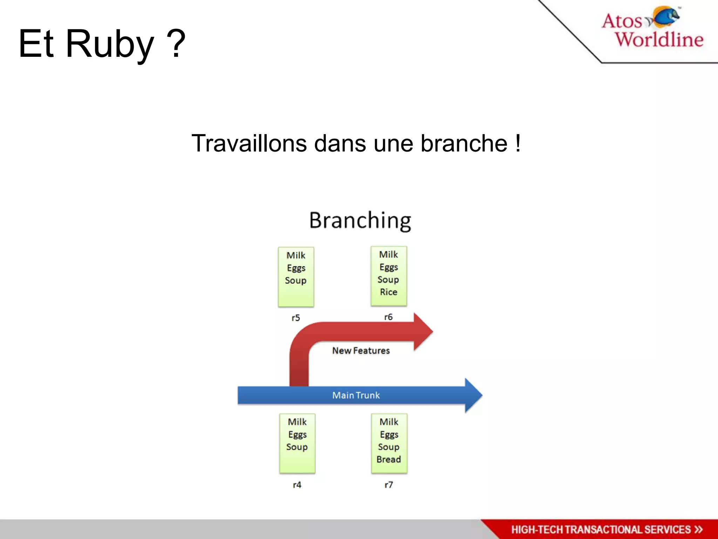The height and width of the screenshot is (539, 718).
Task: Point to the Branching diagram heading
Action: [x=360, y=220]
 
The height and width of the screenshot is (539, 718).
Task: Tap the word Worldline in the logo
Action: [x=659, y=39]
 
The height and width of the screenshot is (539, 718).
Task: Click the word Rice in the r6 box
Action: [x=388, y=292]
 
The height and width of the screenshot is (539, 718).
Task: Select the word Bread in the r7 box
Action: [x=388, y=459]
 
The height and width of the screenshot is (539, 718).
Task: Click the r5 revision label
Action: [x=296, y=318]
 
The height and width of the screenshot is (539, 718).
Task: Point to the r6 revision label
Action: [x=388, y=317]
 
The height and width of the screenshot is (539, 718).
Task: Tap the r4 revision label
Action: [x=297, y=485]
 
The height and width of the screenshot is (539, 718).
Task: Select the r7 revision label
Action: [x=388, y=485]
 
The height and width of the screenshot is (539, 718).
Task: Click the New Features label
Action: [x=361, y=351]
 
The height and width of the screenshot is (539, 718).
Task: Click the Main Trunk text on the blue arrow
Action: [x=356, y=395]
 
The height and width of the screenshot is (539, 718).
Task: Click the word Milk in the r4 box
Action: [x=297, y=422]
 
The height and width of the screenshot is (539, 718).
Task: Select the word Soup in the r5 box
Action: [x=296, y=280]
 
